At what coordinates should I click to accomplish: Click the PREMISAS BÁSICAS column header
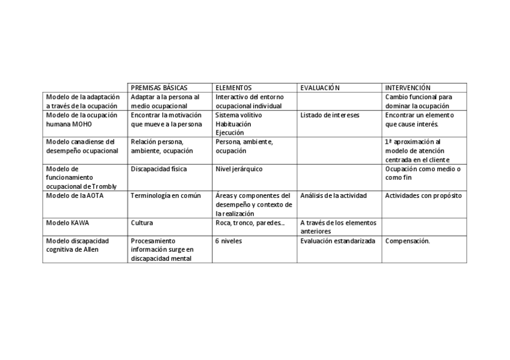[159, 88]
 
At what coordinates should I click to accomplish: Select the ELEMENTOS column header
[233, 88]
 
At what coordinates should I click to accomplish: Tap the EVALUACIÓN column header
[320, 88]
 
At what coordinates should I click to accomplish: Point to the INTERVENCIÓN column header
[408, 88]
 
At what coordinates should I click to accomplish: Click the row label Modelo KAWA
[67, 222]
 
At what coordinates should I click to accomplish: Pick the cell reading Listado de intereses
[330, 115]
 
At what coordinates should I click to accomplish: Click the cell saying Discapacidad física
[159, 169]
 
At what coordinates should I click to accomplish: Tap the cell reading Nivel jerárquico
[239, 169]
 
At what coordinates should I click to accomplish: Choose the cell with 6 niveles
[230, 240]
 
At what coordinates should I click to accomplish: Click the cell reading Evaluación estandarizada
[337, 240]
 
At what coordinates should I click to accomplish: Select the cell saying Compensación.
[407, 240]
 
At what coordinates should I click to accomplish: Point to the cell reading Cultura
[142, 222]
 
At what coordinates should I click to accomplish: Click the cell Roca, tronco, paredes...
[250, 222]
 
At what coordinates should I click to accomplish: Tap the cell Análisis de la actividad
[333, 195]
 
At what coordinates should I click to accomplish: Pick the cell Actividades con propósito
[423, 195]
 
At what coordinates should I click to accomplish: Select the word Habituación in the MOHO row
[233, 124]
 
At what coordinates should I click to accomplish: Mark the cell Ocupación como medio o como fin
[423, 173]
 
